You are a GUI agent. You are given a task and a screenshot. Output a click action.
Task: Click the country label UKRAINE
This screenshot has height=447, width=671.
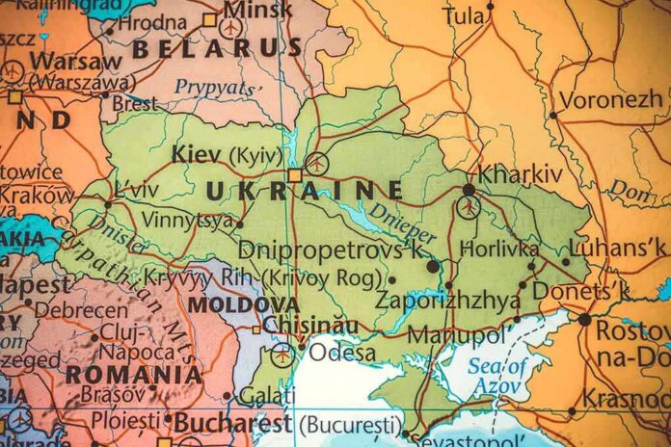pyautogui.click(x=304, y=190)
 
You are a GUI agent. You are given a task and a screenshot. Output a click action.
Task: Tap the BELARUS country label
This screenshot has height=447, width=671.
pyautogui.click(x=217, y=48)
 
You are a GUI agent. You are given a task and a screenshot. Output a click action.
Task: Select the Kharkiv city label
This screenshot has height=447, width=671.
pyautogui.click(x=521, y=174)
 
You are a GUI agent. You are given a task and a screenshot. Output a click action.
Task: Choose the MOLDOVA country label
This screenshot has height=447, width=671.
pyautogui.click(x=228, y=304)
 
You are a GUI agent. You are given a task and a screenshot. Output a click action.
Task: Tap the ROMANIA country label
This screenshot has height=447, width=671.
pyautogui.click(x=134, y=374)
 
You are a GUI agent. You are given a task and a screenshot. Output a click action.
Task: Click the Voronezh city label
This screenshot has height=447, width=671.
pyautogui.click(x=610, y=99)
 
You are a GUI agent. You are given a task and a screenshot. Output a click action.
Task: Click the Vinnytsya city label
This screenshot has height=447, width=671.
pyautogui.click(x=187, y=220)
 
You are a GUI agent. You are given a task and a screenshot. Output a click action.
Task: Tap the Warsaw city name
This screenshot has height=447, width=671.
pyautogui.click(x=62, y=61)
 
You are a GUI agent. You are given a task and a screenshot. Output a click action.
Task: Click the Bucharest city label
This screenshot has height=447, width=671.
pyautogui.click(x=231, y=422)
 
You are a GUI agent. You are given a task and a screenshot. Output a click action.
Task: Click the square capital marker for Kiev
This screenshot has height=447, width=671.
pyautogui.click(x=295, y=175)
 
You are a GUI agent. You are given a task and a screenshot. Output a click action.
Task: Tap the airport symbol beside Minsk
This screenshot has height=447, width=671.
pyautogui.click(x=231, y=28)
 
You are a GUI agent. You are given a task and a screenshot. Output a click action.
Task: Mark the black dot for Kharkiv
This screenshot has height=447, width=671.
pyautogui.click(x=469, y=190)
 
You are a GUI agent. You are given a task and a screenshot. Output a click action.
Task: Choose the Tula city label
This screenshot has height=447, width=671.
pyautogui.click(x=465, y=16)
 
